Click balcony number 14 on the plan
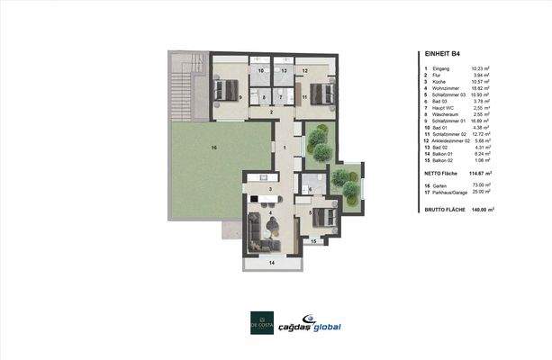point(270,262)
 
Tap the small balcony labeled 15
point(313,241)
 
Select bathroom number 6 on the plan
point(308,189)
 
